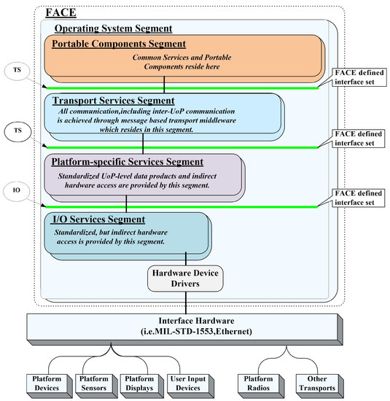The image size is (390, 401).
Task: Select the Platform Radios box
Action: click(x=259, y=383)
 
